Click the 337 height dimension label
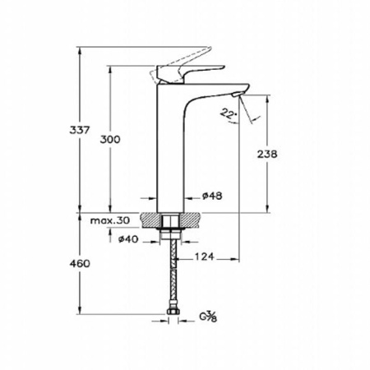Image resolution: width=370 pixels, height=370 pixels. [x=80, y=130]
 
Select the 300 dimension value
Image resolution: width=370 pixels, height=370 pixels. [x=110, y=140]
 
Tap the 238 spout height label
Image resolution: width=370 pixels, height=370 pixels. [x=267, y=154]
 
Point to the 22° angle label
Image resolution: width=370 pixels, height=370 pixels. [x=227, y=113]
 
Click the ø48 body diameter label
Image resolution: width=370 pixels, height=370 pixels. [x=212, y=196]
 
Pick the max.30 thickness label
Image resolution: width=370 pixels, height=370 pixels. [x=110, y=220]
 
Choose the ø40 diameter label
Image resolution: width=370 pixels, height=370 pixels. [x=128, y=239]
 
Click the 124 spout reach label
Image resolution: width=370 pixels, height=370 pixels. [x=204, y=257]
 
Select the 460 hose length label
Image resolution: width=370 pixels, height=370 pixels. [x=80, y=264]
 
